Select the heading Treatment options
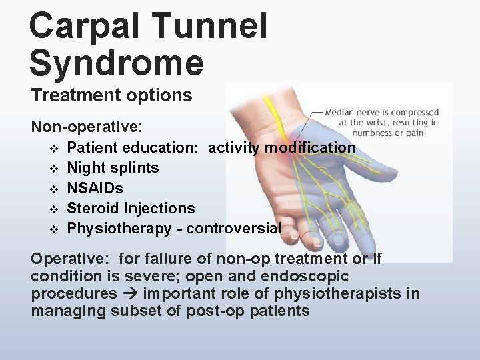(111, 95)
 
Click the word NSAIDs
(95, 188)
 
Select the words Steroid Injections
(131, 209)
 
